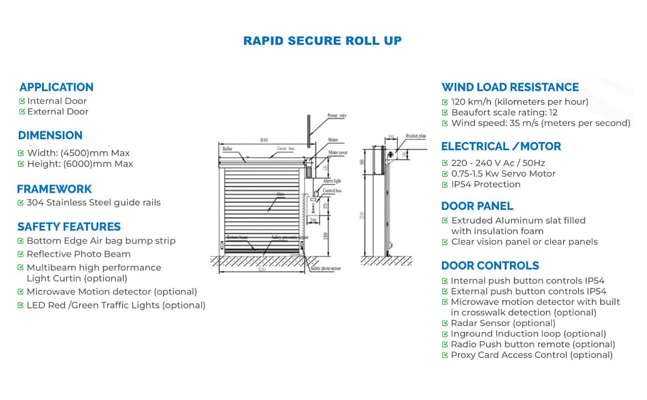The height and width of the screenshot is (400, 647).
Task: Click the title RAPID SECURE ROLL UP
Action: (x=323, y=41)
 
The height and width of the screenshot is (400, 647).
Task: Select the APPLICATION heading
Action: (x=56, y=87)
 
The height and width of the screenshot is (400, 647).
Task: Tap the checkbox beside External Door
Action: (x=22, y=112)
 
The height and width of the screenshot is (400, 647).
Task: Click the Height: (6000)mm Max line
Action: (x=80, y=164)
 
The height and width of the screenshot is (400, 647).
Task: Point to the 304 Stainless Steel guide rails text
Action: (x=93, y=202)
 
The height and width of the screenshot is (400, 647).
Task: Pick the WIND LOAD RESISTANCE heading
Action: (x=509, y=87)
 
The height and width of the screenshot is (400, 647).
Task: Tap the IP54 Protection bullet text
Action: (x=486, y=184)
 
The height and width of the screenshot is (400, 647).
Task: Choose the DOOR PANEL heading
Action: (x=477, y=206)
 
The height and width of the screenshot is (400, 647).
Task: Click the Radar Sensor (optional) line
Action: (x=503, y=323)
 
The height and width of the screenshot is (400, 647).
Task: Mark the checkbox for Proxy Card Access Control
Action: (x=445, y=355)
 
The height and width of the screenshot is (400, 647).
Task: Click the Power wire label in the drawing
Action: (x=336, y=115)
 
